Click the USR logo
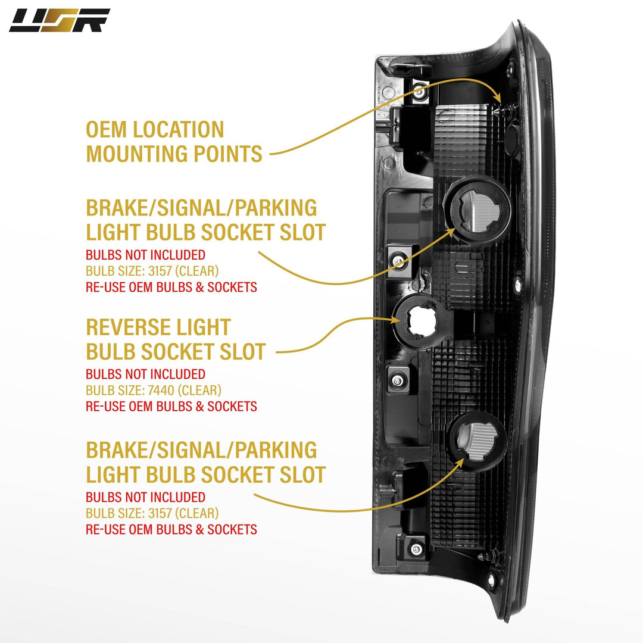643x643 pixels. tap(59, 20)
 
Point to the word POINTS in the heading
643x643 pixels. tap(229, 154)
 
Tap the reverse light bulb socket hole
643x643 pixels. tap(420, 320)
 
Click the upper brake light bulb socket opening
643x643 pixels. tap(480, 206)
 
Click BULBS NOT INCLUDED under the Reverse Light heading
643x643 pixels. tap(145, 374)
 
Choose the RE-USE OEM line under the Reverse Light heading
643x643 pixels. tap(171, 407)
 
